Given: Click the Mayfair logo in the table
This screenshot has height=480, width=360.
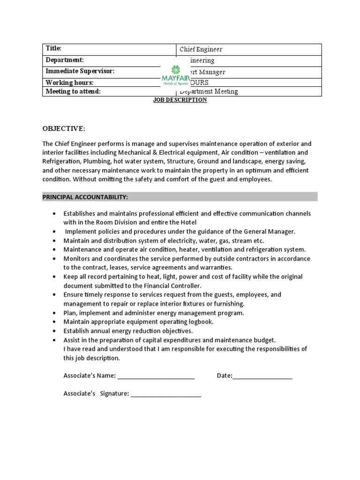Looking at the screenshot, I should [x=175, y=75].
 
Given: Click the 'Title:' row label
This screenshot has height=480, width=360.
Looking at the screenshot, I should [x=53, y=48].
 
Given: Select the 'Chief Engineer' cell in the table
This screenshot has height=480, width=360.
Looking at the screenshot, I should [x=201, y=49].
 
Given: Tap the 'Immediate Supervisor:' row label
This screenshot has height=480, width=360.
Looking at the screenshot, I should [x=80, y=71].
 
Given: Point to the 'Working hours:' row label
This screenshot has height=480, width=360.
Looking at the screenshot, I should [x=66, y=82].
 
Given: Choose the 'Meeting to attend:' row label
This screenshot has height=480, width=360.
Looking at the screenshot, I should [x=73, y=91].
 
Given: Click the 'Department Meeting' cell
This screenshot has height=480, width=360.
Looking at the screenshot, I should [x=210, y=92].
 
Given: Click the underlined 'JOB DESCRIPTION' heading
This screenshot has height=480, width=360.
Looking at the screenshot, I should [x=180, y=100].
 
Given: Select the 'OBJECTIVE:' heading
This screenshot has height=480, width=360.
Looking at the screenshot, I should [x=64, y=128].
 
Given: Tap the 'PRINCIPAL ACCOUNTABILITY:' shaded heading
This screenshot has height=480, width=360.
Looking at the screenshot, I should [x=85, y=196].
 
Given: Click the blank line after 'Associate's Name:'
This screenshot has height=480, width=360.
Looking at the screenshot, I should [x=156, y=376].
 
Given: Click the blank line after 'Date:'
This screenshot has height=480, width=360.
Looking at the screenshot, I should [x=262, y=376].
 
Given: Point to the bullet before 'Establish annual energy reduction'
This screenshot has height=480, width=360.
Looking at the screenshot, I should [x=55, y=331].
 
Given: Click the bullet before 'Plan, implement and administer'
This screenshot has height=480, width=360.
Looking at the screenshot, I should [x=55, y=313].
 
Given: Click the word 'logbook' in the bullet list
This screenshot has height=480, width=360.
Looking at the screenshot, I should [x=200, y=322].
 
